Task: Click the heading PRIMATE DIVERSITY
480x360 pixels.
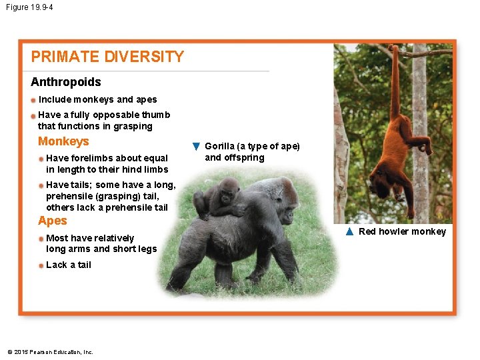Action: pyautogui.click(x=107, y=57)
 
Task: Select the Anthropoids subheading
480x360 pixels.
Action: pyautogui.click(x=66, y=82)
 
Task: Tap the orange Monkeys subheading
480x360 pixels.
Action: pyautogui.click(x=63, y=141)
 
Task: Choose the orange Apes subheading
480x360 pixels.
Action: pyautogui.click(x=53, y=221)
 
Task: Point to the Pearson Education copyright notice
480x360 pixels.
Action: pyautogui.click(x=50, y=352)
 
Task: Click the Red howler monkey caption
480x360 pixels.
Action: pyautogui.click(x=402, y=231)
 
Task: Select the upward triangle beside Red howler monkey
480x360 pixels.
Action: pyautogui.click(x=349, y=231)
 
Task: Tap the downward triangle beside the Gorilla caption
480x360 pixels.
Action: pyautogui.click(x=196, y=146)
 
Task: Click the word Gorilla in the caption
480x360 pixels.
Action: pyautogui.click(x=220, y=146)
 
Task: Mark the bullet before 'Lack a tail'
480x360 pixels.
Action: pyautogui.click(x=41, y=265)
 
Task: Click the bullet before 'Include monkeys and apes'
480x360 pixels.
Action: pyautogui.click(x=33, y=100)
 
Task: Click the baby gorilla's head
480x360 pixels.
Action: pyautogui.click(x=229, y=189)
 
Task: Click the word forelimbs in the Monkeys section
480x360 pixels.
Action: pyautogui.click(x=95, y=158)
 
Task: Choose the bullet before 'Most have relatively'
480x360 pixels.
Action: pyautogui.click(x=41, y=239)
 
